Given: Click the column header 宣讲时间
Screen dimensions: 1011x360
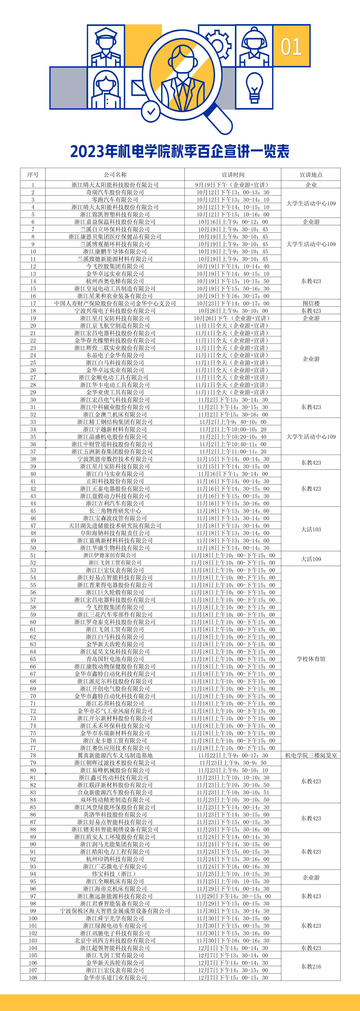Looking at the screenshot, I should pyautogui.click(x=233, y=175).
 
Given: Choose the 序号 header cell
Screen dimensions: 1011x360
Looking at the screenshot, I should pyautogui.click(x=33, y=175).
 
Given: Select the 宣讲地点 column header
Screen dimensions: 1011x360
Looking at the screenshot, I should pyautogui.click(x=311, y=175).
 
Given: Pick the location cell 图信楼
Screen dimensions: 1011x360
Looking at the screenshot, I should pyautogui.click(x=311, y=303).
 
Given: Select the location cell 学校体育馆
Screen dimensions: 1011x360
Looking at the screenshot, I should pyautogui.click(x=311, y=659).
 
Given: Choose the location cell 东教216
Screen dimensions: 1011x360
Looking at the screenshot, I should pyautogui.click(x=311, y=967).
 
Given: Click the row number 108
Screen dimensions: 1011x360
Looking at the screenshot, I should pyautogui.click(x=33, y=978).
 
